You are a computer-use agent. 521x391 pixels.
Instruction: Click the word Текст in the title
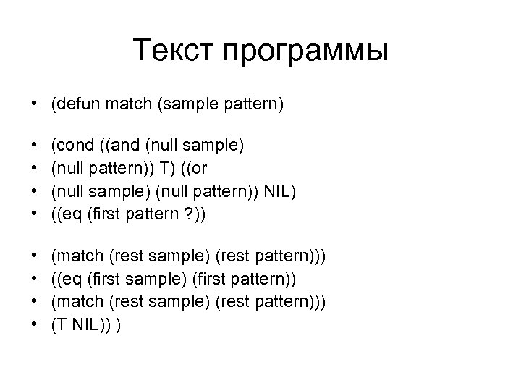tap(174, 51)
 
